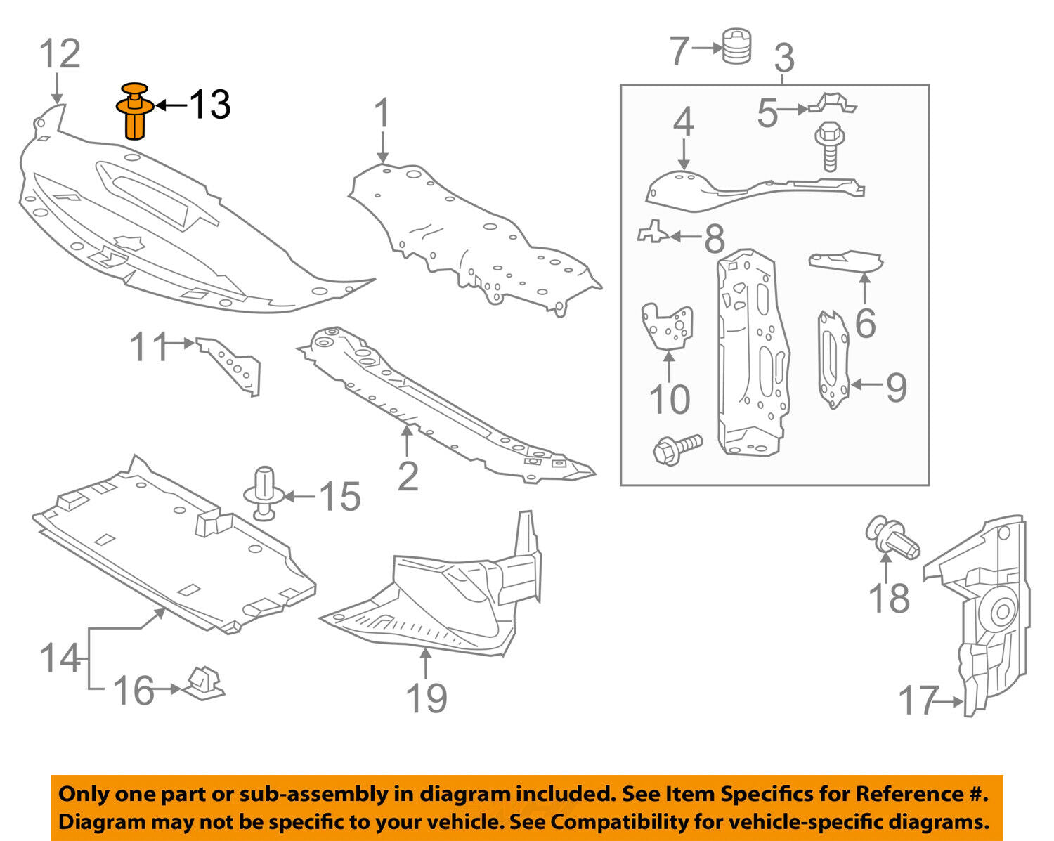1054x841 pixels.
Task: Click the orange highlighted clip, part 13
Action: pos(134,112)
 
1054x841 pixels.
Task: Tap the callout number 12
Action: pos(60,53)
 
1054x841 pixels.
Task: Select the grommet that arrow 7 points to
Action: pos(736,46)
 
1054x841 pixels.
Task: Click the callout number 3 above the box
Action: pos(784,58)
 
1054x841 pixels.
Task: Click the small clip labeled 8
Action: pos(653,232)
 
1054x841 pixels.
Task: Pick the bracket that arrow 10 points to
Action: pos(668,327)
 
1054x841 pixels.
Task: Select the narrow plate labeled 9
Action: pos(833,359)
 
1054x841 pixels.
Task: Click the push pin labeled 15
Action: pos(264,493)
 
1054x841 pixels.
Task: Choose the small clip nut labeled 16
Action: pos(203,684)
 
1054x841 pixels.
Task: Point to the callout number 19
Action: pos(427,698)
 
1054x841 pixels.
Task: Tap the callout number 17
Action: pos(918,700)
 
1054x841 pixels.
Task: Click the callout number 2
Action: pos(408,476)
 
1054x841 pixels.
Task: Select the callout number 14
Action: pos(60,658)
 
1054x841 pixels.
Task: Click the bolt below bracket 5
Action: pos(830,146)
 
